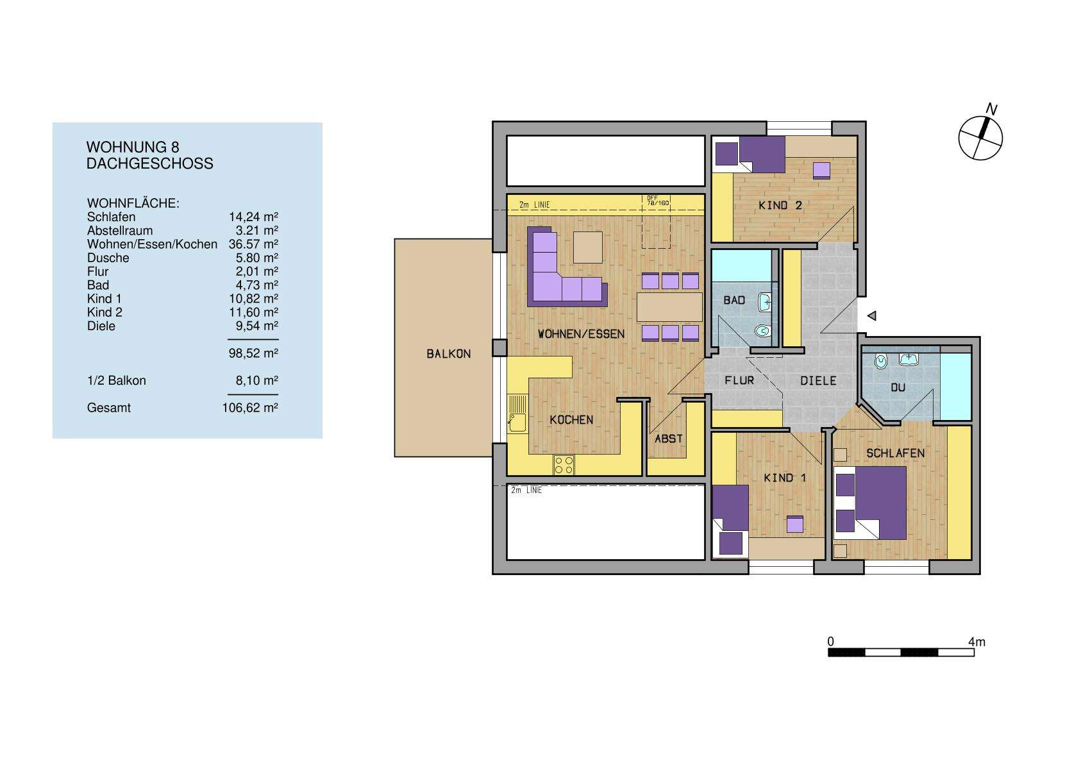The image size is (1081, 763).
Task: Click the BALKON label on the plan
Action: (448, 354)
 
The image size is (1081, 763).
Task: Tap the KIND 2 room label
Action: (780, 205)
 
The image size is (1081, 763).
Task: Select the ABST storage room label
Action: (668, 439)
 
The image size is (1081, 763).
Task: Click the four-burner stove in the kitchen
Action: (564, 465)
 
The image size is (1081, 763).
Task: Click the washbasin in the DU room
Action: (909, 359)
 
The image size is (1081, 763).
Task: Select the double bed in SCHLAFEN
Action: (871, 503)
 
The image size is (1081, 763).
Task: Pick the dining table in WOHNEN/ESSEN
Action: (669, 307)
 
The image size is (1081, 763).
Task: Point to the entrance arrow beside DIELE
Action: (871, 315)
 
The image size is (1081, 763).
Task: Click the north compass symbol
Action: (980, 137)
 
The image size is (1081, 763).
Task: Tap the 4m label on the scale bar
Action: (976, 642)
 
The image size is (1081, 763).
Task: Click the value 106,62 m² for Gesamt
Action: (250, 408)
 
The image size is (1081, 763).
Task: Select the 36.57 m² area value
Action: (253, 244)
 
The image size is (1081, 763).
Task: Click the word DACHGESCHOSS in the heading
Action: (149, 163)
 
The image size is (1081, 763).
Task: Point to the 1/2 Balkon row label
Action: (116, 381)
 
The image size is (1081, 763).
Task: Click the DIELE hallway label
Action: (818, 381)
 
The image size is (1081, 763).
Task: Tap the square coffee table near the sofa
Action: (588, 247)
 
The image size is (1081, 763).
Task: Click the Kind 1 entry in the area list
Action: (104, 299)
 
